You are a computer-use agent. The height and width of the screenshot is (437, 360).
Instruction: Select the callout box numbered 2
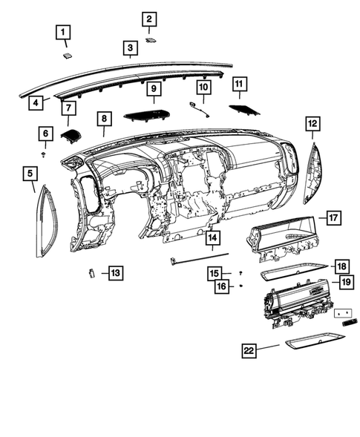tap(149, 19)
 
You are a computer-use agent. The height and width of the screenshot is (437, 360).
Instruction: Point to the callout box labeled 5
tap(30, 174)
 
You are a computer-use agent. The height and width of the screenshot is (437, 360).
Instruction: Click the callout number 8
tap(104, 118)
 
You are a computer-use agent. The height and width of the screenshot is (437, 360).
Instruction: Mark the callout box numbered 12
tap(312, 123)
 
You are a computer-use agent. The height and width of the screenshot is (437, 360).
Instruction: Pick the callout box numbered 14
tap(212, 238)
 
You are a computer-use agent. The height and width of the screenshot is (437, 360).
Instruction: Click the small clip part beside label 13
tap(91, 272)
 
